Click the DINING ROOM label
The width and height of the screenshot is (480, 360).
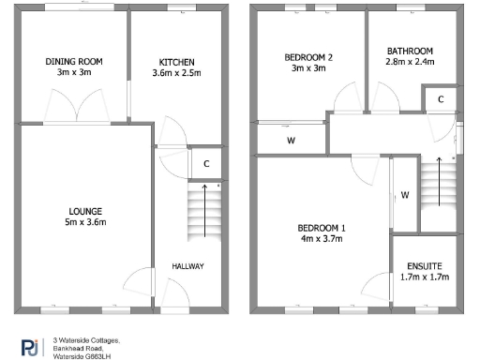74,62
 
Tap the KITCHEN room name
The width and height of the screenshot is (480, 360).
176,62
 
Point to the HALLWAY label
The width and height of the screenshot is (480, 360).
187,266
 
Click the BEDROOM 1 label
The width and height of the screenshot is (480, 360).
322,229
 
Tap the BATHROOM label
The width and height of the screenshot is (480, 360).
410,51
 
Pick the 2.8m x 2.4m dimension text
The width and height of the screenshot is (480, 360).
410,62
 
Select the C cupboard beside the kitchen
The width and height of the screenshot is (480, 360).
205,163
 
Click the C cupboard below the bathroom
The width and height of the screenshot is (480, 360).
440,99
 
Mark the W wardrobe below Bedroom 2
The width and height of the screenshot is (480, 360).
291,142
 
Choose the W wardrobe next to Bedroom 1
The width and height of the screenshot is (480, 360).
404,195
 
